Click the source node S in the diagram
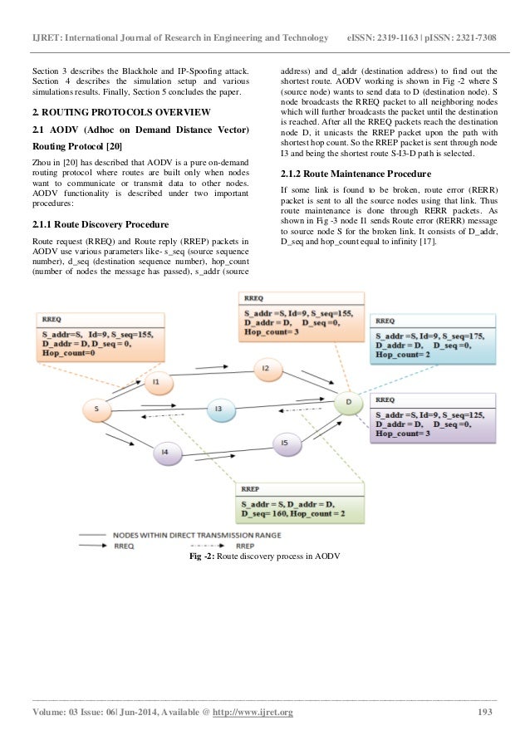point(98,409)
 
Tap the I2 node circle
point(265,367)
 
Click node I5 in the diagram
point(283,444)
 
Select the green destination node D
point(349,404)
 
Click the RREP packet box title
point(252,489)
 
